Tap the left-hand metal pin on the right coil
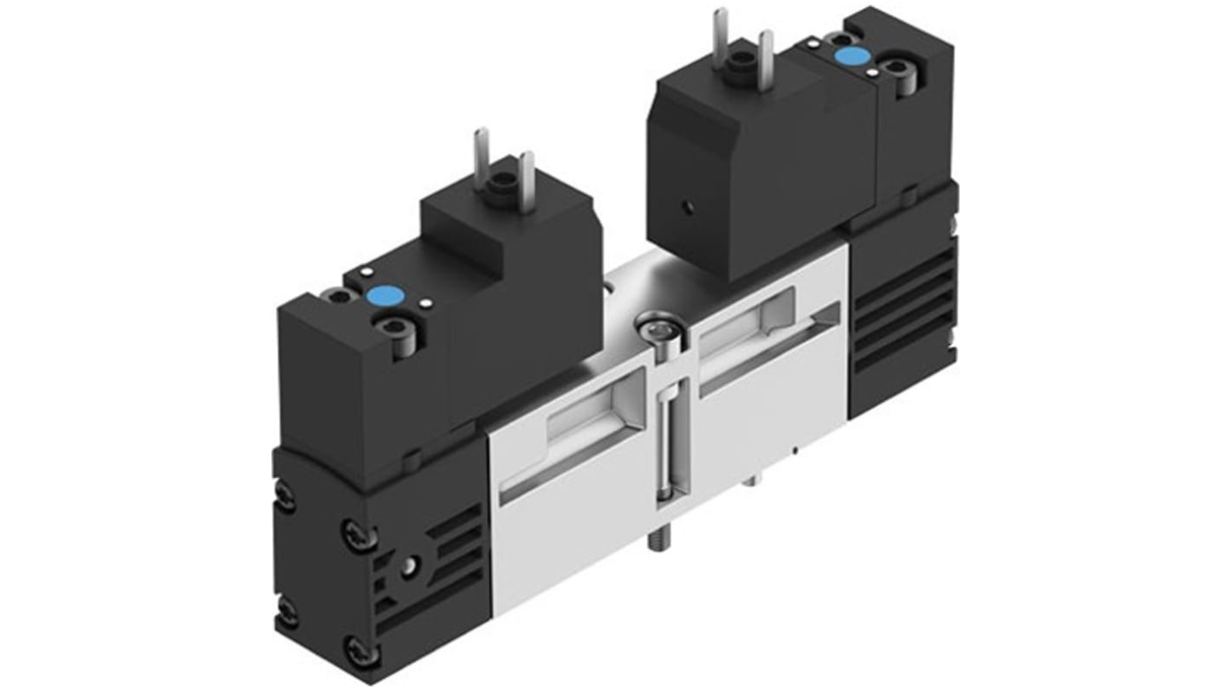point(719,35)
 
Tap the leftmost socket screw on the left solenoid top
point(340,297)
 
